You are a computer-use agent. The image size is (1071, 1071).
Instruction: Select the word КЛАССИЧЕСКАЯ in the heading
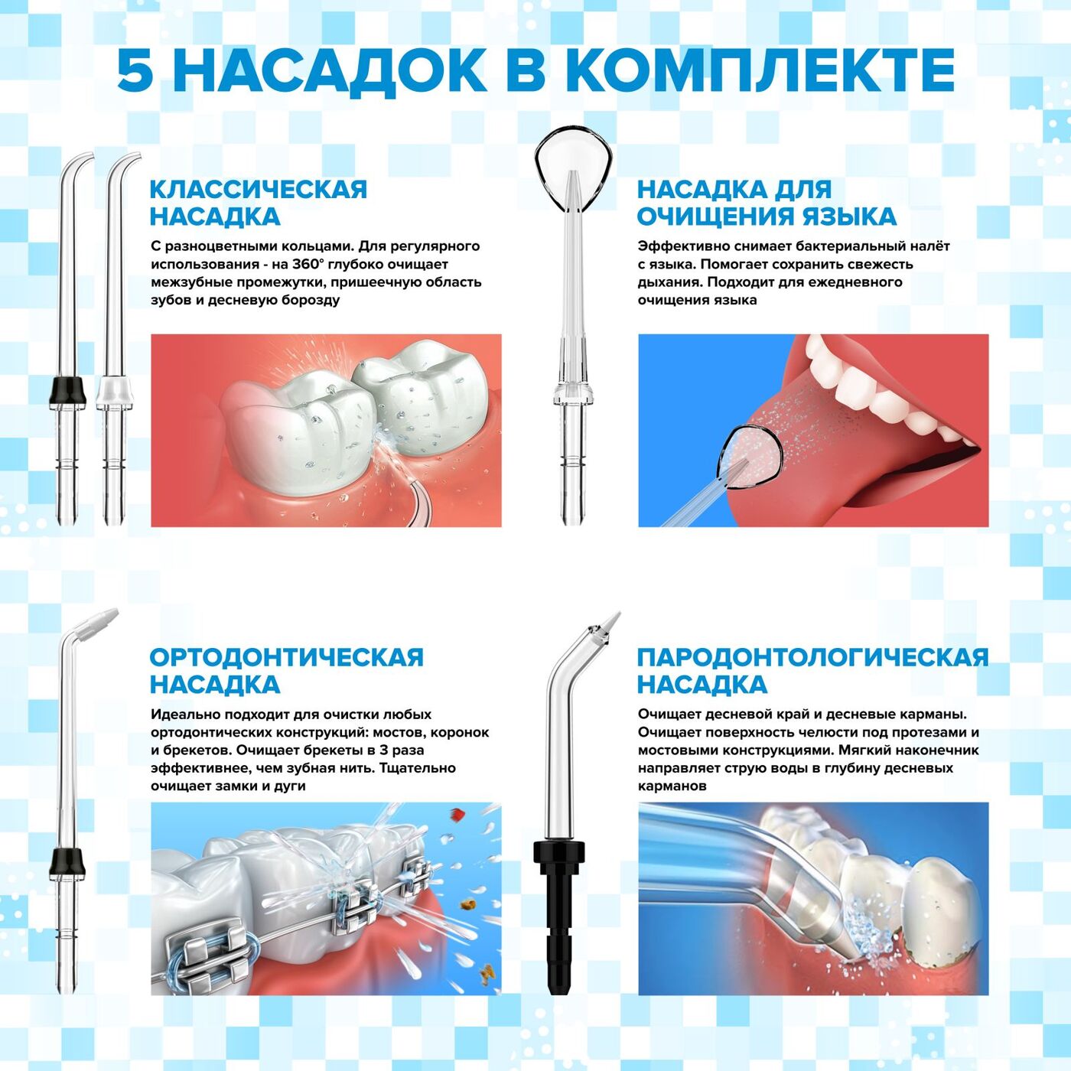click(x=259, y=190)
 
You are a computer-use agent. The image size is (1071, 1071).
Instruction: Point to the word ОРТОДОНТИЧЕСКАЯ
click(x=286, y=657)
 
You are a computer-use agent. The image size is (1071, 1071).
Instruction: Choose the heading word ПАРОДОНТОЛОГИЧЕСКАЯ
click(x=812, y=657)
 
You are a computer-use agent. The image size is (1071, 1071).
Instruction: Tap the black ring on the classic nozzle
click(x=67, y=391)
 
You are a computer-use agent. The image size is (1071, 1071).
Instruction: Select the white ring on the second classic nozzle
click(x=115, y=391)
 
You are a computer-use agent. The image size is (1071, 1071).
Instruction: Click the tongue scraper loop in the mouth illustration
click(x=751, y=457)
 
